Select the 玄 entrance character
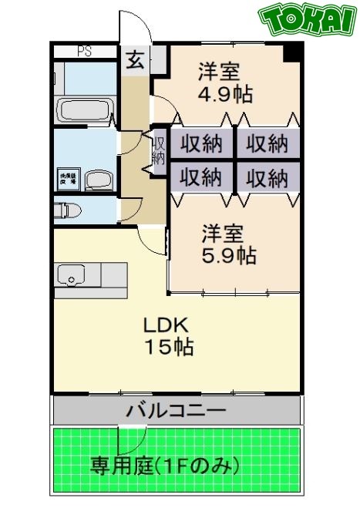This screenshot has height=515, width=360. [x=135, y=60]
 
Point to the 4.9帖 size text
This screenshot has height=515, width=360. [x=223, y=95]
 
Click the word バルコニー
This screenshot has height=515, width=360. [x=177, y=409]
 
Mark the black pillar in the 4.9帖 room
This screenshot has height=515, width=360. [x=291, y=53]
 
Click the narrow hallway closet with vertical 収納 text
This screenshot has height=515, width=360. [x=159, y=150]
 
